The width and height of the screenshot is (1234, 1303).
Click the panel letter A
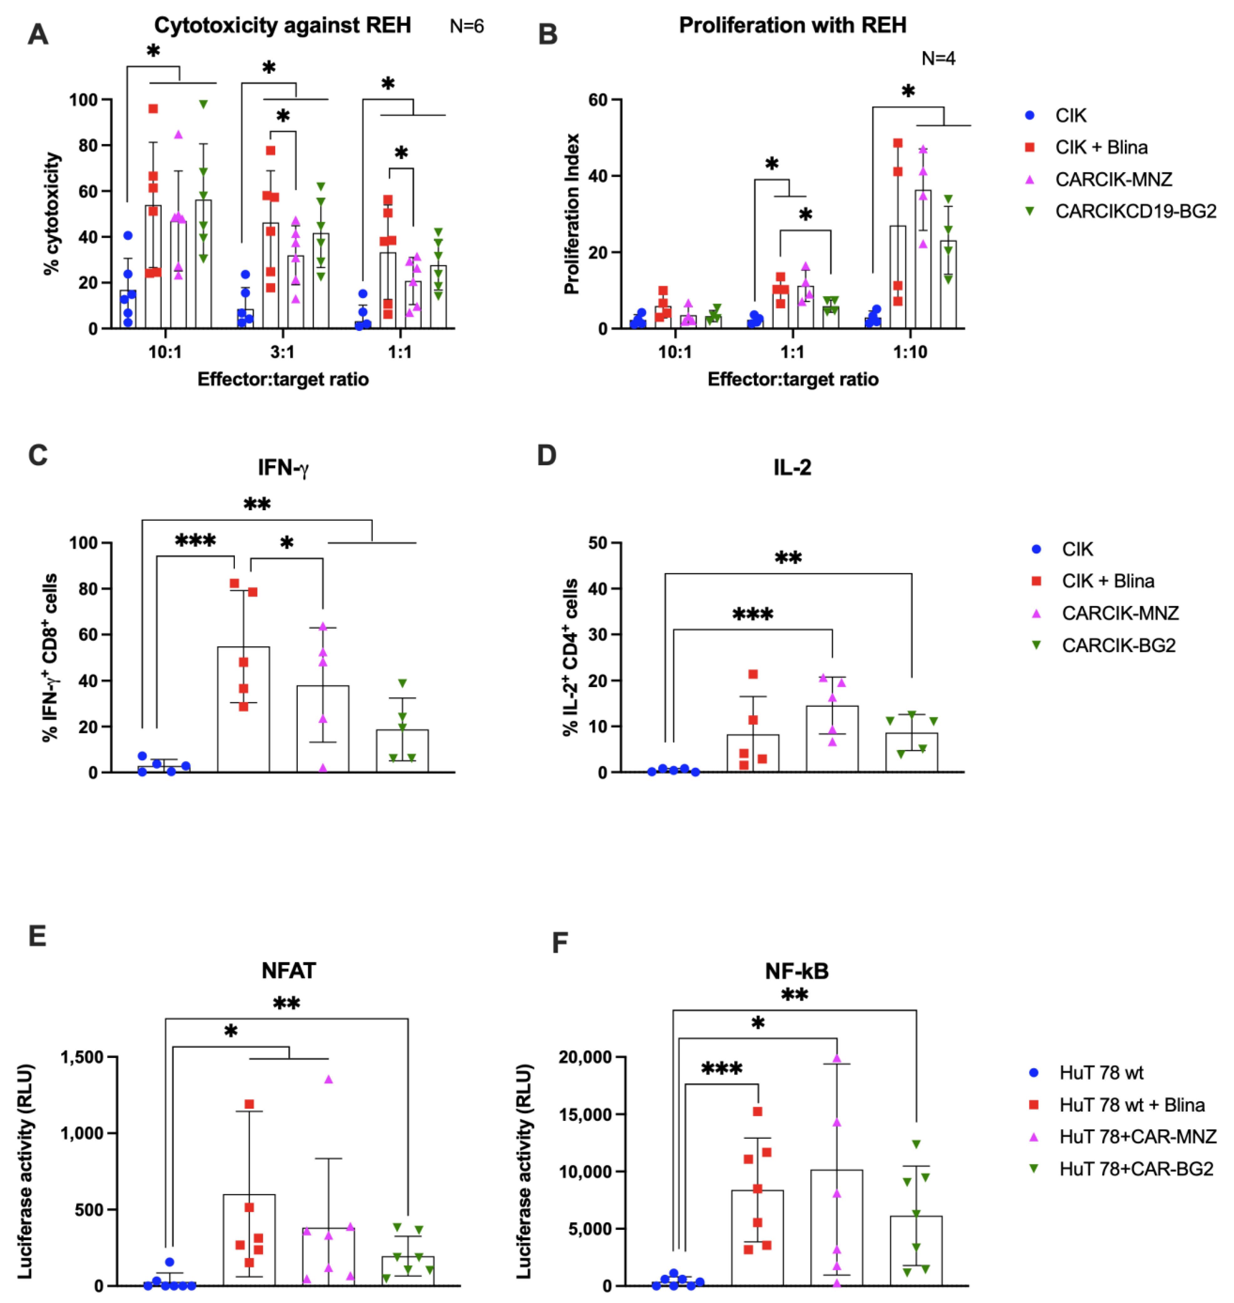[38, 33]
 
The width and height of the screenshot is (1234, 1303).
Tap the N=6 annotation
[466, 26]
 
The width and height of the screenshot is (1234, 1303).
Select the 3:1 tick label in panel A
[282, 352]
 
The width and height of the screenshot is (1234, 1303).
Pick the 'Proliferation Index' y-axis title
[571, 214]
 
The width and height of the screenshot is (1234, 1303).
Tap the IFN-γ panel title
[283, 468]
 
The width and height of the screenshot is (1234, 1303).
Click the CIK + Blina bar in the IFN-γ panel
[243, 710]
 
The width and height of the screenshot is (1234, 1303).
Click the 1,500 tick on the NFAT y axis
[82, 1057]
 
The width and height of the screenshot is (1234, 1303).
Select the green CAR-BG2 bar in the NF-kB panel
[916, 1250]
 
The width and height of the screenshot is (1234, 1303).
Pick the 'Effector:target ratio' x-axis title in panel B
[793, 379]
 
